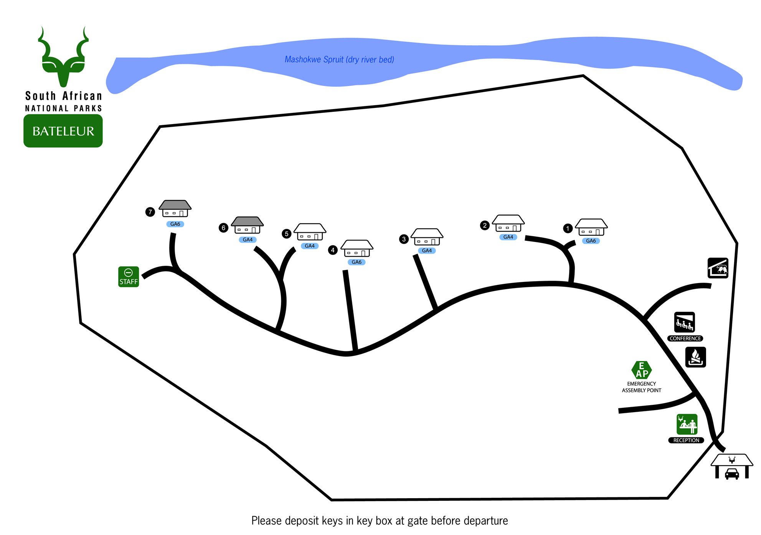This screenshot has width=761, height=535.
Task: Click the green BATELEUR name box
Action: pyautogui.click(x=63, y=131)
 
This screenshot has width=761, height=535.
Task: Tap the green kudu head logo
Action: pyautogui.click(x=63, y=58)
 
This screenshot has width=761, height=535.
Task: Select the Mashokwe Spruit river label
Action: pyautogui.click(x=339, y=60)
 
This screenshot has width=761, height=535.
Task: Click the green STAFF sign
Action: pyautogui.click(x=129, y=277)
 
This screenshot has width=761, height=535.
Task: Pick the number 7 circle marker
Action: pyautogui.click(x=150, y=212)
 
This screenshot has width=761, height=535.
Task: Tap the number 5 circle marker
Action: pyautogui.click(x=286, y=234)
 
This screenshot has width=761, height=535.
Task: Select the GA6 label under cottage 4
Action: pyautogui.click(x=357, y=262)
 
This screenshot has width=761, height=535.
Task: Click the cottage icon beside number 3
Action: pyautogui.click(x=427, y=237)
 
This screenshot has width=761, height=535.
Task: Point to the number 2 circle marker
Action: pyautogui.click(x=485, y=225)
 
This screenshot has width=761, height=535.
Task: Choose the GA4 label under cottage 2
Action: pyautogui.click(x=508, y=237)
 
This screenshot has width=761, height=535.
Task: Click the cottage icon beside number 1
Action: pyautogui.click(x=591, y=227)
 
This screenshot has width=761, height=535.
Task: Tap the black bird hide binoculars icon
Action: pyautogui.click(x=718, y=268)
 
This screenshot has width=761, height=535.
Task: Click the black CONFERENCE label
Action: pyautogui.click(x=685, y=338)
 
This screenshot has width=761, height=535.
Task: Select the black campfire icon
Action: pyautogui.click(x=695, y=357)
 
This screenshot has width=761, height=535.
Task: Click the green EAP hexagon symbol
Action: pyautogui.click(x=642, y=370)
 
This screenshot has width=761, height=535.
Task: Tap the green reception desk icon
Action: pyautogui.click(x=687, y=424)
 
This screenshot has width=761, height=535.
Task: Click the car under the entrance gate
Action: pyautogui.click(x=732, y=474)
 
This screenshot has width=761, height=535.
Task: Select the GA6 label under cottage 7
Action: pyautogui.click(x=175, y=224)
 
